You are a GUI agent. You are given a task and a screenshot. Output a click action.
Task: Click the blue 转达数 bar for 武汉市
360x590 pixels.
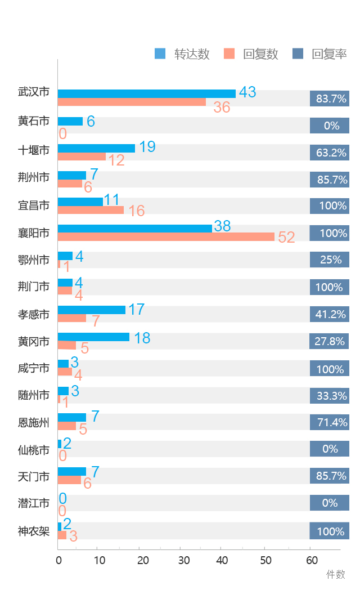[146, 93]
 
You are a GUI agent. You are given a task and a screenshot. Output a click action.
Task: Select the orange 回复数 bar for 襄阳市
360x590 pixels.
[166, 236]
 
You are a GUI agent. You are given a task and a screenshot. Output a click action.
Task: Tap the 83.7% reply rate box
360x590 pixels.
[330, 99]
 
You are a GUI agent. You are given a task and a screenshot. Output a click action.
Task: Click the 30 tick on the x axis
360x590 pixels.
[184, 560]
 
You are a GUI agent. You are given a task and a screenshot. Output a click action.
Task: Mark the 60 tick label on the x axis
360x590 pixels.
[312, 560]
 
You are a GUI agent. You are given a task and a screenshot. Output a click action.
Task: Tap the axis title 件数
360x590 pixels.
[336, 574]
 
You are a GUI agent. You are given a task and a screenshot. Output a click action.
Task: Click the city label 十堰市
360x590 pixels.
[34, 150]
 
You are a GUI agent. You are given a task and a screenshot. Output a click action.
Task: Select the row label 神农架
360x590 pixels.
[34, 531]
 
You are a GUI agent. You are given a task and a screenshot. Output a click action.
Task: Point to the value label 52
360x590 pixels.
[286, 237]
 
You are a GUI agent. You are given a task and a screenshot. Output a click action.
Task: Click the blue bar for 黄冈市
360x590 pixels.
[93, 337]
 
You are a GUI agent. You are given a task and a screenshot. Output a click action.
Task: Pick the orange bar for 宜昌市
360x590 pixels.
[91, 210]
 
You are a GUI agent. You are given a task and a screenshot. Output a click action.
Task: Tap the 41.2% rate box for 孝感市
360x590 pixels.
[330, 314]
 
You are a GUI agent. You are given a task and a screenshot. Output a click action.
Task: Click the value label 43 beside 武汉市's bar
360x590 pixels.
[247, 92]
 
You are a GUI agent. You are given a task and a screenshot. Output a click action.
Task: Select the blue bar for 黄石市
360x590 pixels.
[70, 121]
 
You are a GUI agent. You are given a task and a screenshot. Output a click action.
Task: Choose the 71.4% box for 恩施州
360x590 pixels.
[330, 422]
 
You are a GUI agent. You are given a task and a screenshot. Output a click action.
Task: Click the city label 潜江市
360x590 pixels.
[34, 503]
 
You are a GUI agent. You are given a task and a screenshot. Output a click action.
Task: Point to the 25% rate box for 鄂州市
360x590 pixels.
[330, 260]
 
